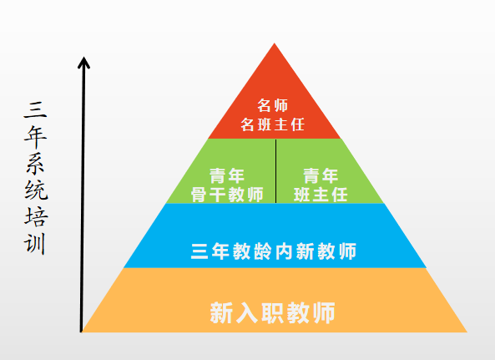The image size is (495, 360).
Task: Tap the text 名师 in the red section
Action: pos(273,105)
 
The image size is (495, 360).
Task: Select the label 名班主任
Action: pos(273,124)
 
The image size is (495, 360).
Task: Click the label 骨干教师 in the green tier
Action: pos(227,195)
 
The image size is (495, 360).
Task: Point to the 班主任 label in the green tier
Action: pos(321,195)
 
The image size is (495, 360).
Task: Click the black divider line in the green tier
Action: pos(276,171)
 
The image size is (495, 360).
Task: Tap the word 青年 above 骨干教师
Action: pos(227,176)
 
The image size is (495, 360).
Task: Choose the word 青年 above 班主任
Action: pos(321,176)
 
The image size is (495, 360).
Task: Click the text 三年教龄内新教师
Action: pos(274,251)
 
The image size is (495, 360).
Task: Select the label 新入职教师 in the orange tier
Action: pos(272,312)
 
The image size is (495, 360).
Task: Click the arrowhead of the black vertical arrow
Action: pos(84,62)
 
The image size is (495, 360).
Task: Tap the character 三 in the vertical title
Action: pos(36,110)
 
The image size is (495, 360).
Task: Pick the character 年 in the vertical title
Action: pos(36,137)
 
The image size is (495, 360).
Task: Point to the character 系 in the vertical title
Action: pos(36,164)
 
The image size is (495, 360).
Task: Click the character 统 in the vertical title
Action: pos(36,190)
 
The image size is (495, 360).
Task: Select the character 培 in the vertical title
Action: pos(36,217)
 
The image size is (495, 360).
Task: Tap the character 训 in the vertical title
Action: pos(35,244)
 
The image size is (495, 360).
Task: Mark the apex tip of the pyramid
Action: pos(274,43)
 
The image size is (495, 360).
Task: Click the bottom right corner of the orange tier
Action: pos(467,332)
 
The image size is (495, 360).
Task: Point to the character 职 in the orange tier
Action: pos(273,312)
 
